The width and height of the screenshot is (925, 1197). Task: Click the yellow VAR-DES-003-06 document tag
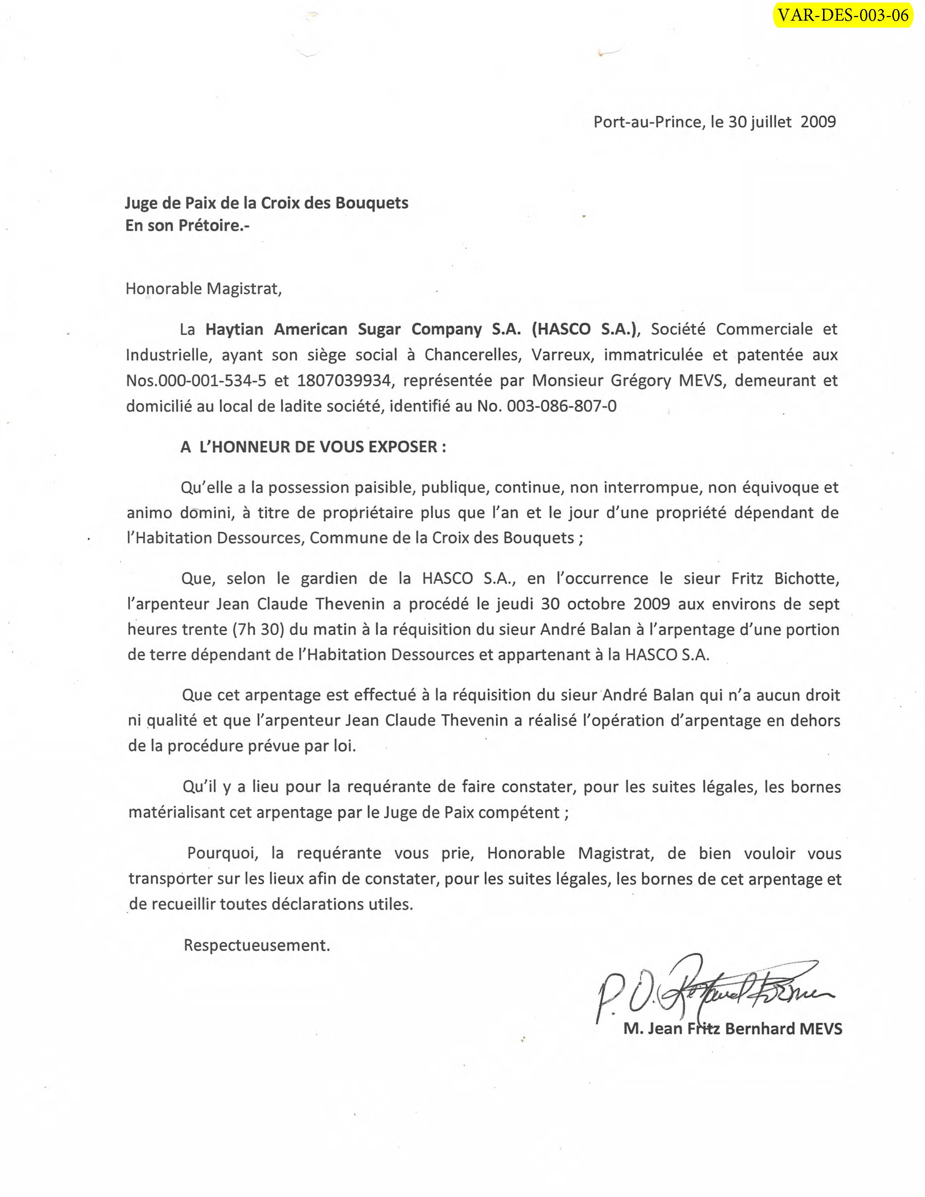click(843, 15)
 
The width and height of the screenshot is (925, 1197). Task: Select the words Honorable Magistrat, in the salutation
click(203, 289)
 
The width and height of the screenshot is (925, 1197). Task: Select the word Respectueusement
click(256, 945)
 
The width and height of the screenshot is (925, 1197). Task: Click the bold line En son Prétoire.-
click(187, 226)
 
